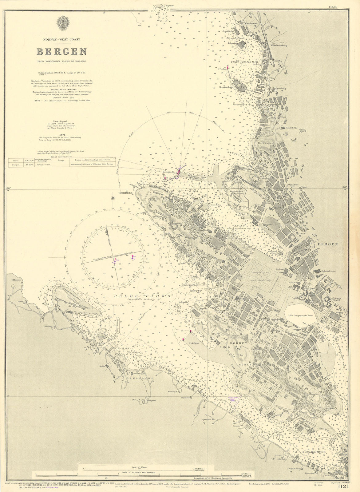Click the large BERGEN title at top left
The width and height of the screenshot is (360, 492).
[x=62, y=51]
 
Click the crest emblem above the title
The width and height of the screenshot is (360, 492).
[x=62, y=23]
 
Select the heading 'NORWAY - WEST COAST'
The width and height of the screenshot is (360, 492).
[x=62, y=39]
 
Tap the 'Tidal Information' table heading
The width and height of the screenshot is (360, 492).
[x=62, y=157]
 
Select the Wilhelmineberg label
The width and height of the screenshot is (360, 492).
[x=279, y=46]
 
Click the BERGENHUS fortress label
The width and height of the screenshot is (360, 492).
[x=236, y=191]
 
